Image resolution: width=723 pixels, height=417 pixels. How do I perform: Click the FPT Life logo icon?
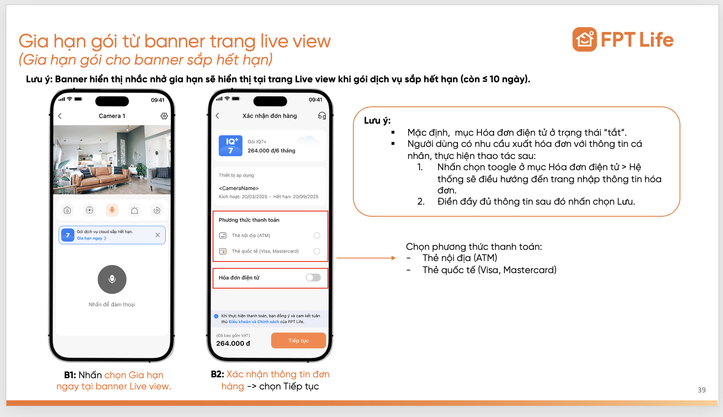[x=584, y=40]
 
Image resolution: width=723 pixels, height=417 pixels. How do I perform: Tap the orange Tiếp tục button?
[x=298, y=340]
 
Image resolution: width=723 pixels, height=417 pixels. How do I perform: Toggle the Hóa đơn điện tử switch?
[x=313, y=277]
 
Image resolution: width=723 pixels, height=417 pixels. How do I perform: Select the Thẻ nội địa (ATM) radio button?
[x=317, y=236]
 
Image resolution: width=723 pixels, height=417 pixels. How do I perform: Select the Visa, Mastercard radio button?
[x=317, y=251]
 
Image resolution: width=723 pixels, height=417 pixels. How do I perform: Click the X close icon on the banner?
[x=158, y=235]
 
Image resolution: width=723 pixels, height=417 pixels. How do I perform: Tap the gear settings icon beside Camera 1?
[x=164, y=116]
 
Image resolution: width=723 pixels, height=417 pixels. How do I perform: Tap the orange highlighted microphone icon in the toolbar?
[x=112, y=210]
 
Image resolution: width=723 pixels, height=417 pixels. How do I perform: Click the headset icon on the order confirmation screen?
[x=321, y=116]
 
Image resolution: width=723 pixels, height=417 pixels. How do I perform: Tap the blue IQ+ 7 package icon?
[x=231, y=146]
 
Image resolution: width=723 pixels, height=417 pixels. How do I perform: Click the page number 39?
[x=701, y=390]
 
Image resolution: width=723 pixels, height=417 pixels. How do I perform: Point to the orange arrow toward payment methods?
[x=366, y=258]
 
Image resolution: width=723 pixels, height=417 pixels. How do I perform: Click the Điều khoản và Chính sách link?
[x=253, y=322]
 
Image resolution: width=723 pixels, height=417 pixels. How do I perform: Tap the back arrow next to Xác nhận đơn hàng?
[x=217, y=116]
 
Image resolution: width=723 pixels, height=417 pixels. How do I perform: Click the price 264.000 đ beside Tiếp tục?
[x=233, y=343]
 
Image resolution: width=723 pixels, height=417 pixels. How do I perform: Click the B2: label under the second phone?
[x=217, y=374]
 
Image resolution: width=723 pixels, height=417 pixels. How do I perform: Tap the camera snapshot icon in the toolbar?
[x=67, y=210]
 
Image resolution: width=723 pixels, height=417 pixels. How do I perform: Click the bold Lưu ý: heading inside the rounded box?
[x=377, y=121]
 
